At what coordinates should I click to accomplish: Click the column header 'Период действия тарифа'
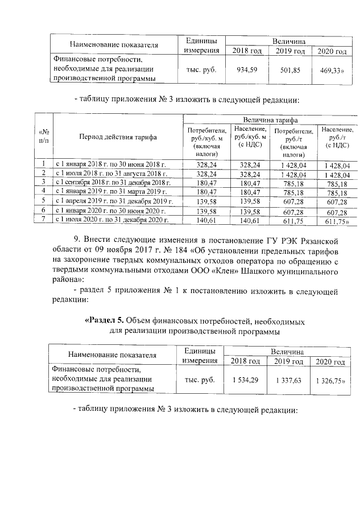[118, 137]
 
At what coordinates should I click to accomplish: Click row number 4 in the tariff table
[43, 192]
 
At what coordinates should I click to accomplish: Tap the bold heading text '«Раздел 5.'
[104, 320]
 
